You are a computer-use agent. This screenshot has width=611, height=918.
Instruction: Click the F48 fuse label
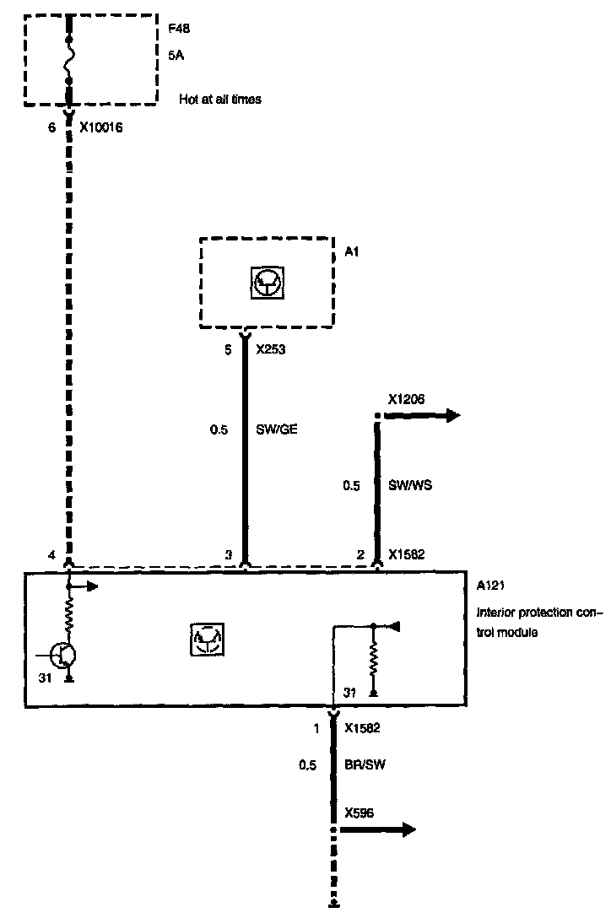click(x=179, y=28)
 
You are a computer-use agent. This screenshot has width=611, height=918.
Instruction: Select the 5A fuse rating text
click(x=176, y=55)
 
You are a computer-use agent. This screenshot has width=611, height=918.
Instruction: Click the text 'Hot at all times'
click(x=220, y=99)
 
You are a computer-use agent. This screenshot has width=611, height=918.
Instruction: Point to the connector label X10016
click(x=101, y=127)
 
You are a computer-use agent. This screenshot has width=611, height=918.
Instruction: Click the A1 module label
click(x=351, y=251)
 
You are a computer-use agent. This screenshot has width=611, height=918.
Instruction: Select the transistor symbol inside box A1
click(x=268, y=283)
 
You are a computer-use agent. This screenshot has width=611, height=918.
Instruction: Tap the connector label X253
click(x=271, y=349)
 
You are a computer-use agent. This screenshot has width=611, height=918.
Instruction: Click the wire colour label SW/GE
click(x=277, y=429)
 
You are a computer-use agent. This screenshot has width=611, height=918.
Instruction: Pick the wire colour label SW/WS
click(x=410, y=485)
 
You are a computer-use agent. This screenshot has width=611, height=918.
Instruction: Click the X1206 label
click(x=407, y=399)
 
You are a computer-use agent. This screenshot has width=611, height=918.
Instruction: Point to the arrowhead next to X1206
click(x=453, y=416)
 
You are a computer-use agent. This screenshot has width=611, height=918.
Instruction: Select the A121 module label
click(x=490, y=586)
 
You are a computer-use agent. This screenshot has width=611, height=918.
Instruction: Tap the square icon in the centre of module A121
click(x=208, y=639)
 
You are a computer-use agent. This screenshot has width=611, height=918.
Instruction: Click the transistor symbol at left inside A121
click(x=62, y=656)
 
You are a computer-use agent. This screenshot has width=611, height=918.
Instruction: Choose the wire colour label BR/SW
click(x=365, y=764)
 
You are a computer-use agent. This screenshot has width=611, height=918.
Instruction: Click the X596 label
click(x=360, y=813)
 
